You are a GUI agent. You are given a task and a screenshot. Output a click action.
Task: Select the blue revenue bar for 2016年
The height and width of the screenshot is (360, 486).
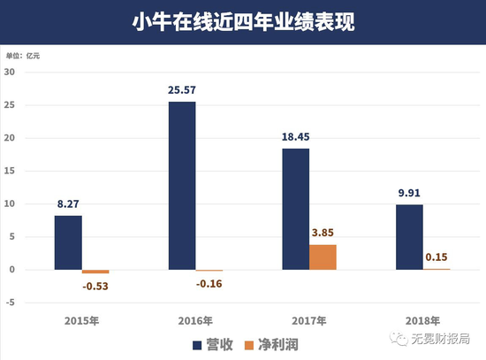click(181, 186)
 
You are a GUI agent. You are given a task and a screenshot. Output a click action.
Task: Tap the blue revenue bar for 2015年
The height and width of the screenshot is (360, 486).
click(68, 242)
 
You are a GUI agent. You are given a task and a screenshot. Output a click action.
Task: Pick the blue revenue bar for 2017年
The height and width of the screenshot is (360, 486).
click(295, 209)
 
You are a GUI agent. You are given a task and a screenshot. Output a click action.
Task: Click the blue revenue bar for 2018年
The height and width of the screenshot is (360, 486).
click(409, 237)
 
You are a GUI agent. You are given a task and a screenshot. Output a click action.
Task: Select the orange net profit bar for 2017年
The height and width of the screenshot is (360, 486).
click(323, 257)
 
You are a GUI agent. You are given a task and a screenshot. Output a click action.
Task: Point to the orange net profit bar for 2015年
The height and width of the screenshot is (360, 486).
click(95, 272)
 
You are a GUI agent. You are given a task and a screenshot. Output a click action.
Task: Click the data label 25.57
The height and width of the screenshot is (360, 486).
click(181, 89)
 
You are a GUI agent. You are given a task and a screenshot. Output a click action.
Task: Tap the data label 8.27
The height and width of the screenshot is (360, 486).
click(68, 203)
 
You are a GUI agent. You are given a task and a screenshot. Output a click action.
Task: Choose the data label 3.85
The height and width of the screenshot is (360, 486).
click(323, 232)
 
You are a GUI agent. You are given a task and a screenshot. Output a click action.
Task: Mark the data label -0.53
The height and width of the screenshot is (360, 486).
click(95, 286)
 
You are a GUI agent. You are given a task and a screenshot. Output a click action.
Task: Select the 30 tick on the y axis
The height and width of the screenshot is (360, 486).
click(12, 73)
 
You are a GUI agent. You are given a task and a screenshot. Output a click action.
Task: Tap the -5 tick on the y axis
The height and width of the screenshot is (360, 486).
click(12, 303)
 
